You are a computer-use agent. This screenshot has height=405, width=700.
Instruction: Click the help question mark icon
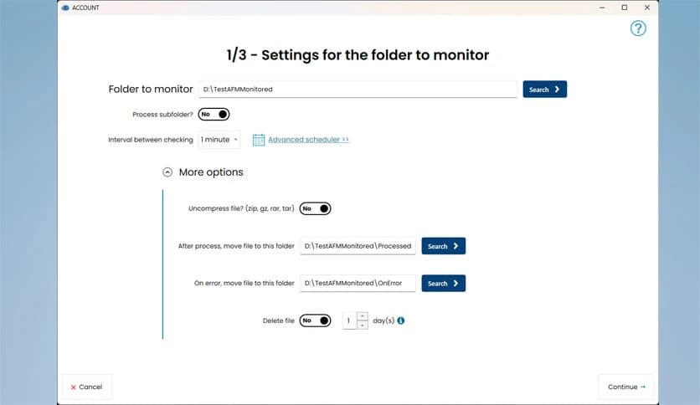tap(638, 28)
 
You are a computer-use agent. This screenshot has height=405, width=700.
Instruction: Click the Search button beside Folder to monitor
tap(544, 90)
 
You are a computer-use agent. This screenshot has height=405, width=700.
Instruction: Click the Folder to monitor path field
tap(358, 90)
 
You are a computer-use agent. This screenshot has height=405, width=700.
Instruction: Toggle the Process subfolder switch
tap(214, 114)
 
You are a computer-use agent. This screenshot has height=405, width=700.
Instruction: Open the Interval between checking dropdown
tap(219, 140)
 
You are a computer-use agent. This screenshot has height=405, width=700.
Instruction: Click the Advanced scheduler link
tap(308, 140)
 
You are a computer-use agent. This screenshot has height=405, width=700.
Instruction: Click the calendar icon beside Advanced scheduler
tap(259, 140)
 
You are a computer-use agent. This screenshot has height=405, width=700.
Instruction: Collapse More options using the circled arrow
tap(167, 172)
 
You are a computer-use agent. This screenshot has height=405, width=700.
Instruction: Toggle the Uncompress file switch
tap(315, 208)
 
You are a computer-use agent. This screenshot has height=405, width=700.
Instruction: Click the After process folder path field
tap(358, 246)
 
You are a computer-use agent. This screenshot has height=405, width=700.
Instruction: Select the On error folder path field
tap(358, 283)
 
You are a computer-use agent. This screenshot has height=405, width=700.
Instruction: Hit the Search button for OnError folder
tap(443, 283)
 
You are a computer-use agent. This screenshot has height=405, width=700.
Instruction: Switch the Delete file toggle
tap(315, 320)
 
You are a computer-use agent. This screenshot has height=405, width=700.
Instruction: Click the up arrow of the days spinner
tap(363, 316)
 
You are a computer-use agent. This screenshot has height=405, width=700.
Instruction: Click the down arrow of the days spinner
tap(363, 326)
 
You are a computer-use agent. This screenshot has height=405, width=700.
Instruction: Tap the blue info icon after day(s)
tap(401, 320)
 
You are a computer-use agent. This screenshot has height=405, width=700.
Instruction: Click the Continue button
tap(625, 387)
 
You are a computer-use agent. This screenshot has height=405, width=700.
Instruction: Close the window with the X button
tap(647, 8)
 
